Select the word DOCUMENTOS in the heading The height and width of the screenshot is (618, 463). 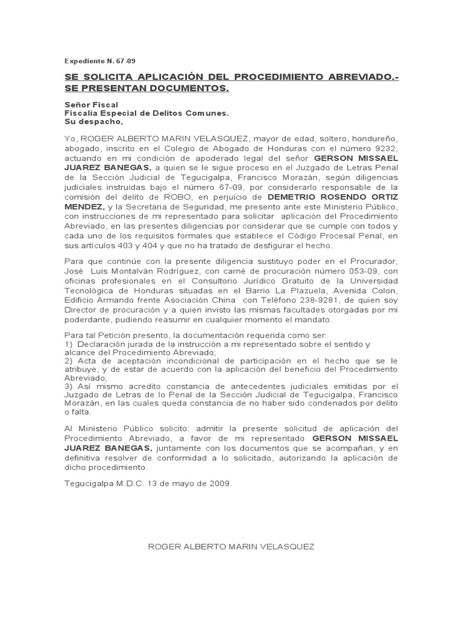pos(188,89)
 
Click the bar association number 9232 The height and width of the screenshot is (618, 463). pos(387,149)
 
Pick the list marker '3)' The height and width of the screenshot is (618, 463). pos(68,386)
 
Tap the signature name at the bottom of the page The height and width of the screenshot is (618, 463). pos(231,546)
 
